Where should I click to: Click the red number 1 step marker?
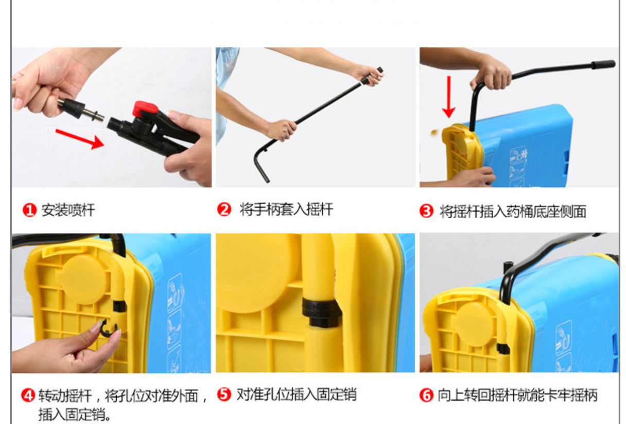click(29, 210)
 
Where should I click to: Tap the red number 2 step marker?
click(224, 209)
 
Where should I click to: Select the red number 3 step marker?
click(426, 211)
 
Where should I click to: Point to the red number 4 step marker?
click(28, 396)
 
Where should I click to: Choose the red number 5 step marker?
click(224, 394)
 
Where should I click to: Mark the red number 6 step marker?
click(426, 395)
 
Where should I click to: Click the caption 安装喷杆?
click(68, 210)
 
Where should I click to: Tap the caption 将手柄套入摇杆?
click(286, 209)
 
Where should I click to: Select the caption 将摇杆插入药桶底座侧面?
click(513, 211)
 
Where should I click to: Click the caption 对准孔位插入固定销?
click(297, 394)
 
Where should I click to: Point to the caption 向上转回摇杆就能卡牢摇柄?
click(517, 395)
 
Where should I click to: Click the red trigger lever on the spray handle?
click(145, 109)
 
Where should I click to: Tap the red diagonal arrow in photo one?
click(80, 139)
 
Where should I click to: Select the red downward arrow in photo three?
click(449, 97)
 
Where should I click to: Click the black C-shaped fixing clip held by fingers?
click(108, 329)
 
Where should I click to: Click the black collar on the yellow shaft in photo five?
click(321, 312)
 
